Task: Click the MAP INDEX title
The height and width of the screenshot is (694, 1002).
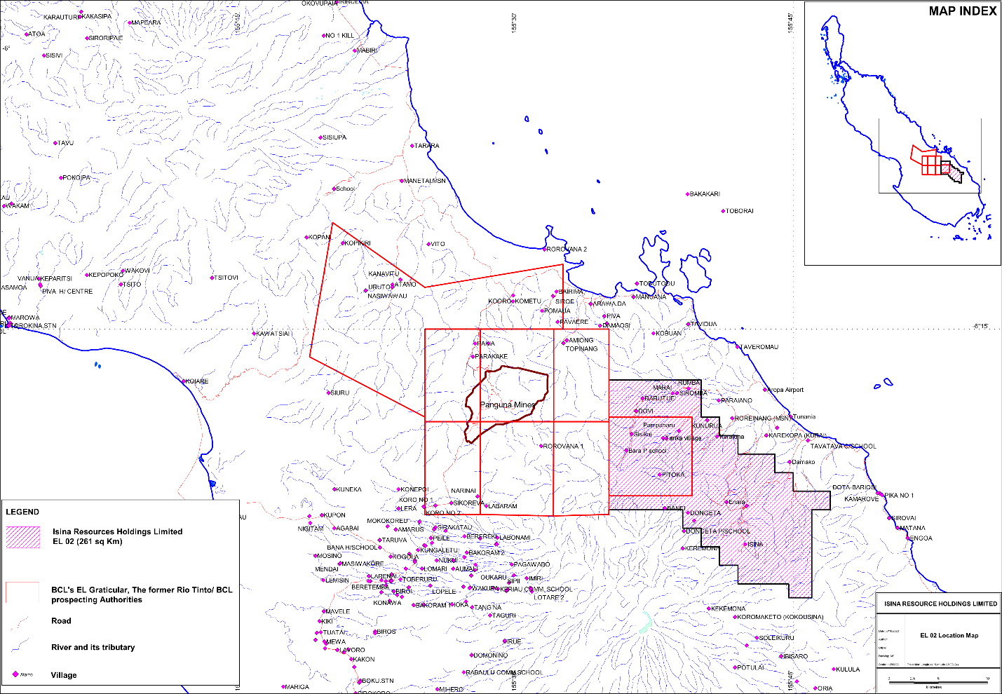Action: [962, 11]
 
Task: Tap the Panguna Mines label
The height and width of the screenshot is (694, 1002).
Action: [508, 404]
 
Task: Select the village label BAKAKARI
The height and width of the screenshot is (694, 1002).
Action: [705, 194]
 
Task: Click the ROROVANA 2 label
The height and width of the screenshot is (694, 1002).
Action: [567, 249]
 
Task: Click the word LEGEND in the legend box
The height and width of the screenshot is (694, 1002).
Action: [22, 512]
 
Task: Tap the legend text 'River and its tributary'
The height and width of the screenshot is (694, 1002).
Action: [93, 647]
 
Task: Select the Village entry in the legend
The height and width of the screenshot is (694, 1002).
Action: [63, 675]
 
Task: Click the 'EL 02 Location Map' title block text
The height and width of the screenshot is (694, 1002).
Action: [949, 636]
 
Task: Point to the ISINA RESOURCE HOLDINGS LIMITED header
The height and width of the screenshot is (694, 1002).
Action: [940, 604]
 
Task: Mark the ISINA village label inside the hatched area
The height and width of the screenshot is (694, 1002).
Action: [755, 544]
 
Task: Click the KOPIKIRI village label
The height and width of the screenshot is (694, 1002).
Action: [358, 243]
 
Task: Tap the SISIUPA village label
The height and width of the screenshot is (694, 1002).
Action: [334, 137]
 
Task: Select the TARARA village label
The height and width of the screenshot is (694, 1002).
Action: [427, 146]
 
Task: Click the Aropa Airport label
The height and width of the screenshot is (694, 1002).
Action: [786, 390]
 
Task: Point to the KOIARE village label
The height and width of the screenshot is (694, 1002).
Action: [197, 381]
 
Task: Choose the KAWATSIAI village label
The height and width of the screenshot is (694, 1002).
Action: [273, 334]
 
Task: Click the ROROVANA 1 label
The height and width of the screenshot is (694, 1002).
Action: [564, 446]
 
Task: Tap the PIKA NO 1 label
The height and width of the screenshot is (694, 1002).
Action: [899, 496]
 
